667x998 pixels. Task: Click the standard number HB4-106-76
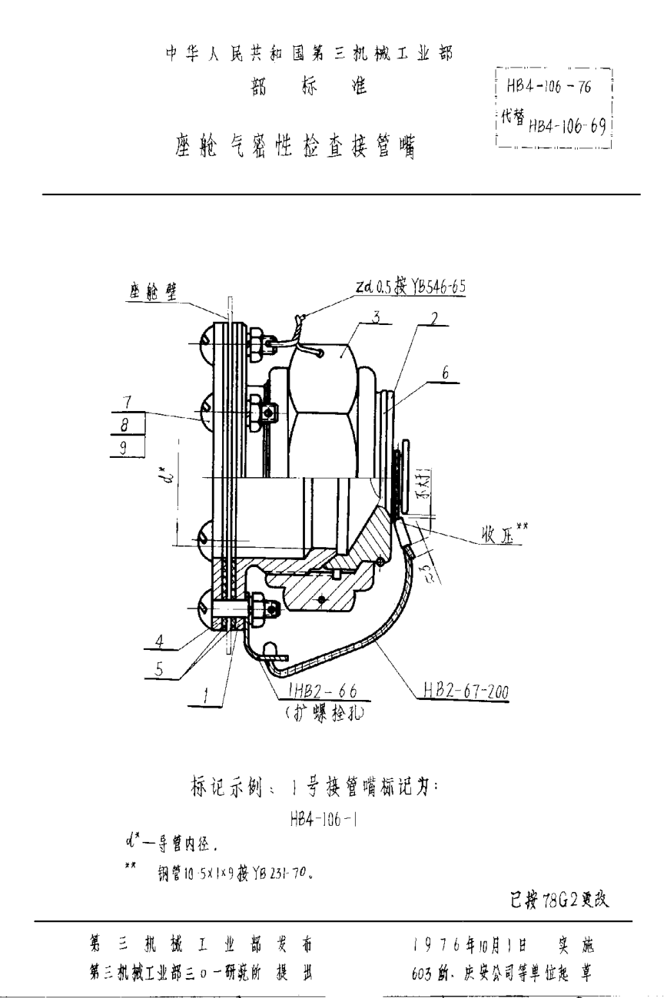tap(548, 88)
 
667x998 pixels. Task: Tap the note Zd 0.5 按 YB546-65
tap(410, 287)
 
